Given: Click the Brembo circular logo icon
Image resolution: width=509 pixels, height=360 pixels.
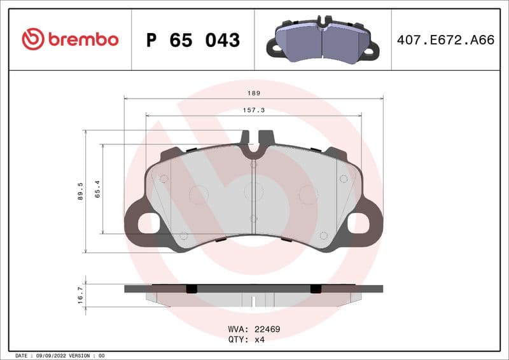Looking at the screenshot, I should point(33,39).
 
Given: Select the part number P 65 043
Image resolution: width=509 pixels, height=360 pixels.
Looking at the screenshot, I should point(193,40).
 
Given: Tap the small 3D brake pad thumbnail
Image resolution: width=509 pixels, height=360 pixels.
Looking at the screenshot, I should point(323,40).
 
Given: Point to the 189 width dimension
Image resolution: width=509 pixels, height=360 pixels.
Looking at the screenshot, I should point(254,93).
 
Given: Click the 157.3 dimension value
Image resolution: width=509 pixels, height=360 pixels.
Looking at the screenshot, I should point(254,110).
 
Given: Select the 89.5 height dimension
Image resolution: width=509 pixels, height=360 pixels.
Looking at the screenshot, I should point(80,191).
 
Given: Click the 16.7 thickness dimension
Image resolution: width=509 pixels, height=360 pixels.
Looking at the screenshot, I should point(80,296).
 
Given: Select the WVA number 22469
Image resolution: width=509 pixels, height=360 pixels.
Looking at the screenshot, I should point(268,329).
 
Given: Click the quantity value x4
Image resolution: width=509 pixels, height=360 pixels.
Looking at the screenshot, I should point(260,339).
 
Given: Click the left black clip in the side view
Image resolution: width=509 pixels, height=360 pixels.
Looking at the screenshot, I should point(192,289).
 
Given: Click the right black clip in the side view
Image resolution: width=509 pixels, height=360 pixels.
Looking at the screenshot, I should point(316,289).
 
